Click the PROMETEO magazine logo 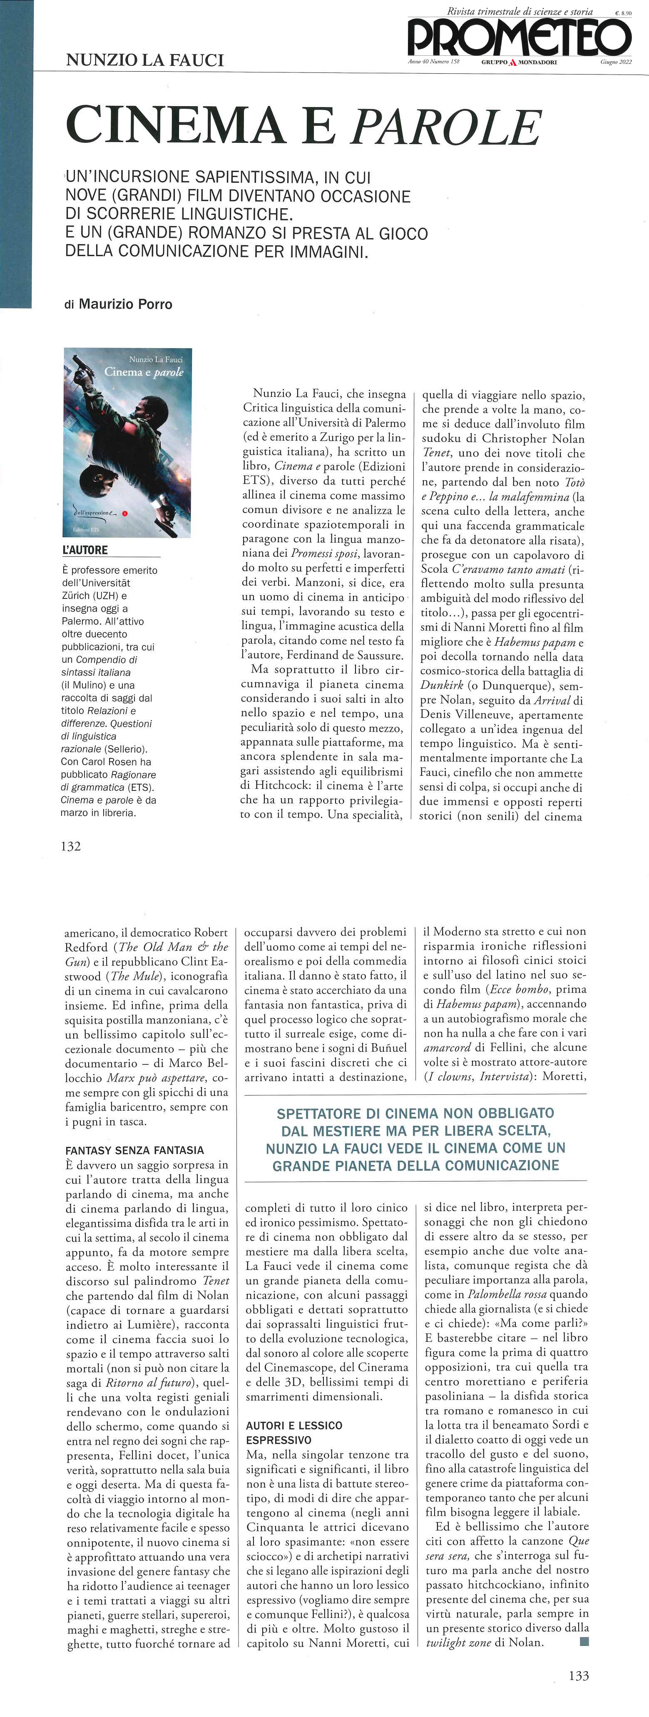point(519,37)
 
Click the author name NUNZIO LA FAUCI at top point(144,61)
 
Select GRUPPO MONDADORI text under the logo point(519,62)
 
